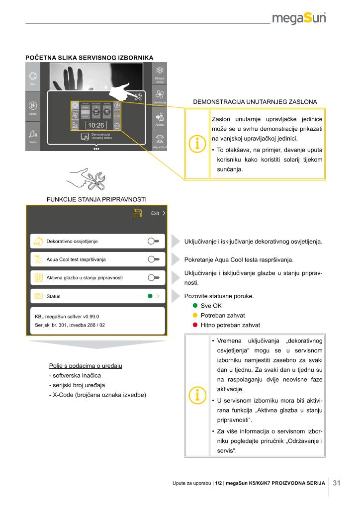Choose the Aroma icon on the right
pyautogui.click(x=160, y=117)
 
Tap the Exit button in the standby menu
pyautogui.click(x=158, y=213)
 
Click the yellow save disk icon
pyautogui.click(x=138, y=213)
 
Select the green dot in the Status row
pyautogui.click(x=150, y=296)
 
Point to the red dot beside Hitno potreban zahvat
pyautogui.click(x=195, y=325)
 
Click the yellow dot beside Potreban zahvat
pyautogui.click(x=195, y=316)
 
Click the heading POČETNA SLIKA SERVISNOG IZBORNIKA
pyautogui.click(x=89, y=58)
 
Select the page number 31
pyautogui.click(x=336, y=483)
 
